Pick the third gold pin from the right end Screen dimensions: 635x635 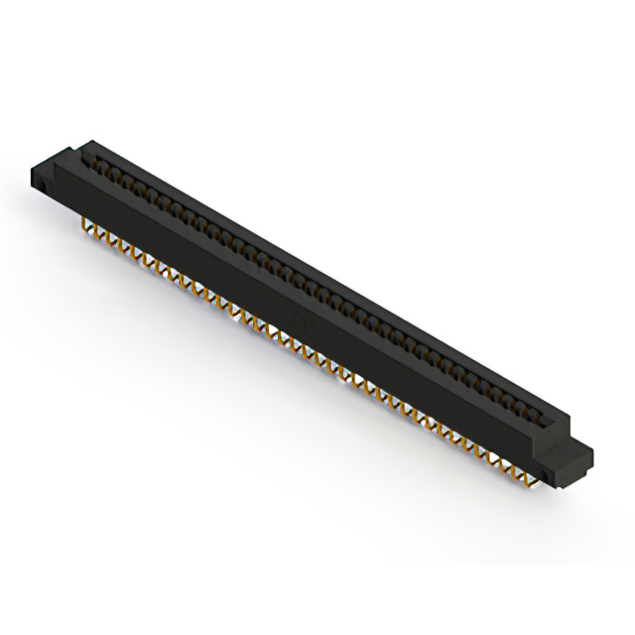pos(509,463)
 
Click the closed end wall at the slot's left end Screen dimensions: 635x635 pos(89,152)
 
